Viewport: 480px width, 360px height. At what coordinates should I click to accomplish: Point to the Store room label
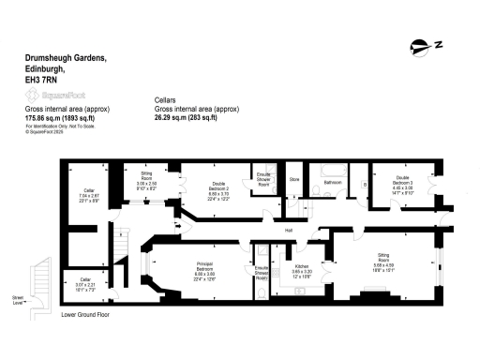pyautogui.click(x=293, y=177)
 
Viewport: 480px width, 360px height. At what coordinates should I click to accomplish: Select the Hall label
pyautogui.click(x=290, y=229)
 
